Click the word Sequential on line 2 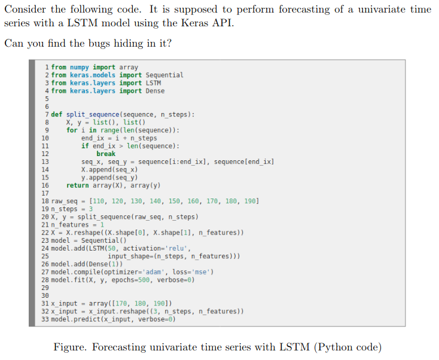[164, 75]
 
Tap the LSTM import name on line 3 [154, 83]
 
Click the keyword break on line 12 [106, 154]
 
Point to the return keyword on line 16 [78, 185]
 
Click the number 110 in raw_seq [98, 201]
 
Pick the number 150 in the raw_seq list [174, 201]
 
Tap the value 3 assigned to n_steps [91, 209]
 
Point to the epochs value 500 [144, 280]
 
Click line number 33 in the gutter [45, 319]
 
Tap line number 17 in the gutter [45, 193]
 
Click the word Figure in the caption [70, 347]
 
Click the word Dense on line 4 [155, 91]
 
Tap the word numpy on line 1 [79, 68]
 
